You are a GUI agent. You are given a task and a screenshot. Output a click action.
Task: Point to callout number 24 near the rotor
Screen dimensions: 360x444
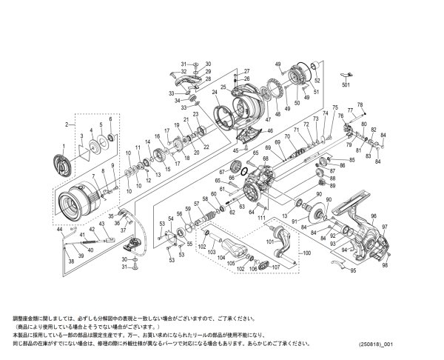tap(214, 93)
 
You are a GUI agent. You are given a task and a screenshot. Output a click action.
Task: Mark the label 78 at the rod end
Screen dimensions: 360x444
tap(360, 105)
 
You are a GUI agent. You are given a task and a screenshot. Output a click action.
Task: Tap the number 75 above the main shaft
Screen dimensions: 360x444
tap(334, 107)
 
